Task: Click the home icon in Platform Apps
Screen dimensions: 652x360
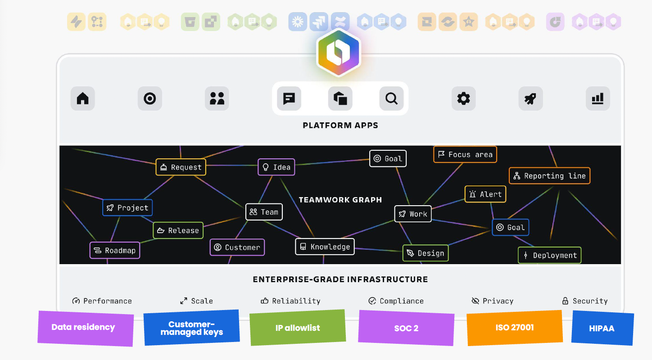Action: pyautogui.click(x=83, y=98)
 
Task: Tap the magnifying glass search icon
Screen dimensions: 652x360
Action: pyautogui.click(x=391, y=98)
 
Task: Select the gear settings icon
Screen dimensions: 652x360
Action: pyautogui.click(x=464, y=98)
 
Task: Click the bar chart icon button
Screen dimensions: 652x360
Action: pyautogui.click(x=598, y=98)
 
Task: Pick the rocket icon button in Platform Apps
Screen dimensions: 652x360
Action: pyautogui.click(x=530, y=98)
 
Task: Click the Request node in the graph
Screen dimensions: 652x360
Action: pyautogui.click(x=181, y=167)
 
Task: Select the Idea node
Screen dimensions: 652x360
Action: pyautogui.click(x=276, y=167)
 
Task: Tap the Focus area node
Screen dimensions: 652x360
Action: pyautogui.click(x=465, y=154)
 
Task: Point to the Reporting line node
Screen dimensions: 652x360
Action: pyautogui.click(x=549, y=175)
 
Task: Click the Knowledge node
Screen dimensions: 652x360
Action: pyautogui.click(x=325, y=247)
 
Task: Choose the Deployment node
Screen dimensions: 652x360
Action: pyautogui.click(x=549, y=255)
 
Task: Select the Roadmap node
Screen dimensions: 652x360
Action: pyautogui.click(x=115, y=250)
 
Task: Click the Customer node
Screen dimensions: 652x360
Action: pyautogui.click(x=237, y=247)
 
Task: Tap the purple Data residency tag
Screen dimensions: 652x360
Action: pyautogui.click(x=86, y=328)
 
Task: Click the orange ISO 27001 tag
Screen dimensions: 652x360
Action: pyautogui.click(x=515, y=328)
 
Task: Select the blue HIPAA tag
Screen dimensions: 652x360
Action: pyautogui.click(x=602, y=328)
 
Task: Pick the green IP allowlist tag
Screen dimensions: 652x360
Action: pyautogui.click(x=298, y=328)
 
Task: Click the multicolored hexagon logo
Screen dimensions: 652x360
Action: pyautogui.click(x=339, y=53)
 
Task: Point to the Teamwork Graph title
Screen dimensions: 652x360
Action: pyautogui.click(x=340, y=200)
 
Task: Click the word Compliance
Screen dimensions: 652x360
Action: pyautogui.click(x=402, y=301)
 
